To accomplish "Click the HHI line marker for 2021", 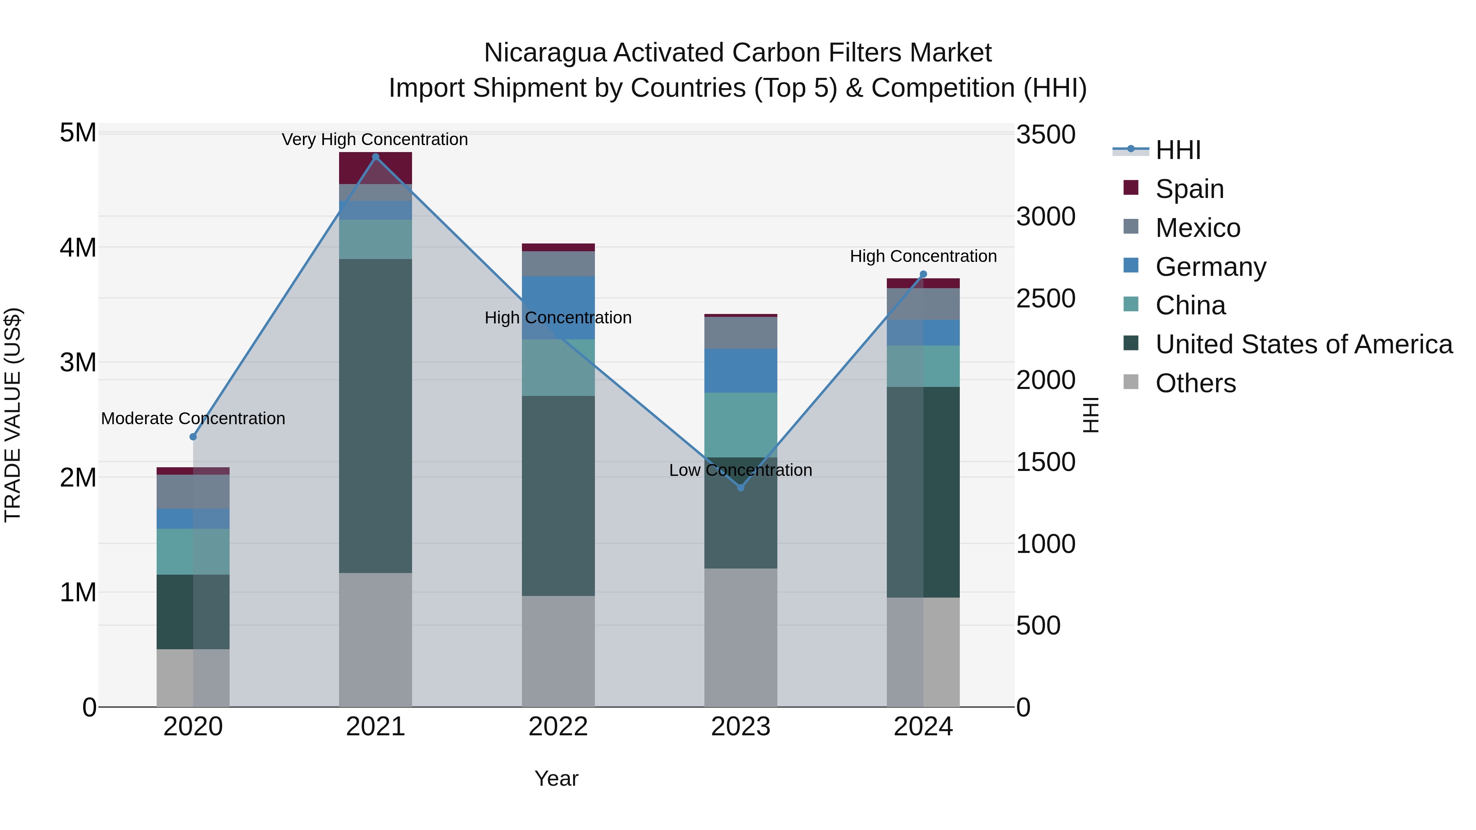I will pos(375,157).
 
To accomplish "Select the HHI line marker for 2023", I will pos(740,487).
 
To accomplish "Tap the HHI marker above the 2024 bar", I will pos(923,274).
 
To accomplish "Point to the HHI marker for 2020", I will pos(193,437).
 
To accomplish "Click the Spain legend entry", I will pos(1189,189).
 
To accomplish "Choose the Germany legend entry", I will pos(1210,267).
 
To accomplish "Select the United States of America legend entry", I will pos(1303,344).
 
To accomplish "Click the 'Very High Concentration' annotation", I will pos(375,139).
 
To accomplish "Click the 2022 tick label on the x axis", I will pos(558,727).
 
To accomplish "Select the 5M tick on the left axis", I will pos(78,133).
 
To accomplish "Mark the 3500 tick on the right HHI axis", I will pos(1045,135).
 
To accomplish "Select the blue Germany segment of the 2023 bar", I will pos(740,371).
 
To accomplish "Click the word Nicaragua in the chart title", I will pos(544,53).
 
